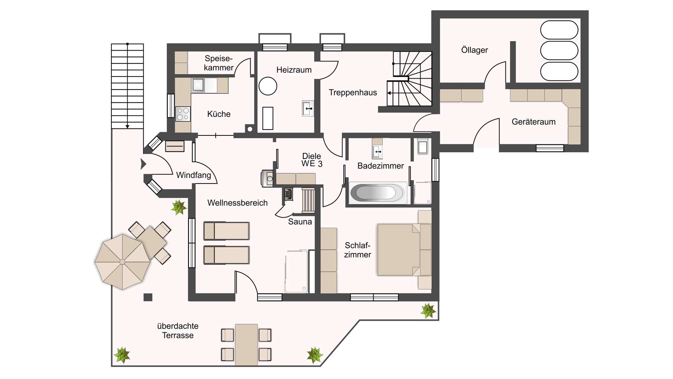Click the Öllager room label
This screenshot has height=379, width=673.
click(474, 50)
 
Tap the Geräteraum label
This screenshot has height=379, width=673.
click(533, 122)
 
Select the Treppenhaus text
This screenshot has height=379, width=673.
click(353, 93)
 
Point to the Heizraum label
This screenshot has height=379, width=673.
click(294, 70)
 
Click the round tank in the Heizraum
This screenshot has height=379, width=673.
click(268, 86)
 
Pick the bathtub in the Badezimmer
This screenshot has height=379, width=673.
click(378, 193)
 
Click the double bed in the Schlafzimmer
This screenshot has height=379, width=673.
click(404, 250)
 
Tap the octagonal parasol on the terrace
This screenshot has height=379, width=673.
click(122, 262)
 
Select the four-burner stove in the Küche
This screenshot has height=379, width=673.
click(183, 114)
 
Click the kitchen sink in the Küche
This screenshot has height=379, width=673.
click(198, 85)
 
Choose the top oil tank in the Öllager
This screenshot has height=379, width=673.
click(559, 30)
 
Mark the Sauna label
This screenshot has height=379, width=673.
click(300, 222)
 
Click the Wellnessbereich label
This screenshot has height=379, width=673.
click(237, 203)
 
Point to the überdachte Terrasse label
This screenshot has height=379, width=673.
click(178, 331)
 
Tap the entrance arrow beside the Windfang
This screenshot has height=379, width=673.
click(143, 164)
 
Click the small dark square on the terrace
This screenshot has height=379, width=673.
click(148, 297)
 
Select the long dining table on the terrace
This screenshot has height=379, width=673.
click(246, 345)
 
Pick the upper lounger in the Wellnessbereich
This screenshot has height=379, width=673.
click(226, 231)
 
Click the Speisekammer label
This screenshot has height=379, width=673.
click(218, 63)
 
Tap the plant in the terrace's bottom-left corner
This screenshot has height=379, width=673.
click(122, 355)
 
